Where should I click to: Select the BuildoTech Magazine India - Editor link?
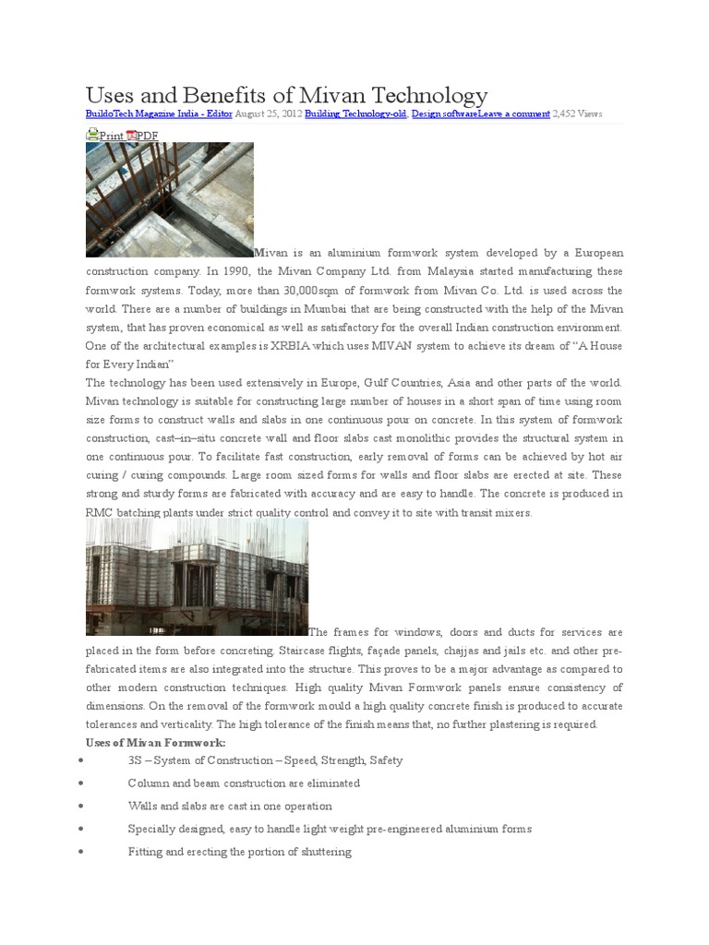point(158,114)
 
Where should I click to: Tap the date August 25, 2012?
point(267,114)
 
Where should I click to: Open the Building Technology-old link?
point(355,114)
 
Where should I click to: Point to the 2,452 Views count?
point(577,114)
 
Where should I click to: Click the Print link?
point(111,136)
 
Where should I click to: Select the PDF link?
point(148,136)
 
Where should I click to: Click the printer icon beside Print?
point(91,135)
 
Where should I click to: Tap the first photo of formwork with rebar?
point(169,199)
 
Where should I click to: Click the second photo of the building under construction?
point(197,577)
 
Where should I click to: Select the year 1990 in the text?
point(241,271)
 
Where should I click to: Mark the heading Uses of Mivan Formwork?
point(155,743)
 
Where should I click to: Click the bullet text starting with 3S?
point(265,760)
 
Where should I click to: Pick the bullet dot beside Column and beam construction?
point(83,784)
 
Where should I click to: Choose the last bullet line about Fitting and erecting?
point(239,852)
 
